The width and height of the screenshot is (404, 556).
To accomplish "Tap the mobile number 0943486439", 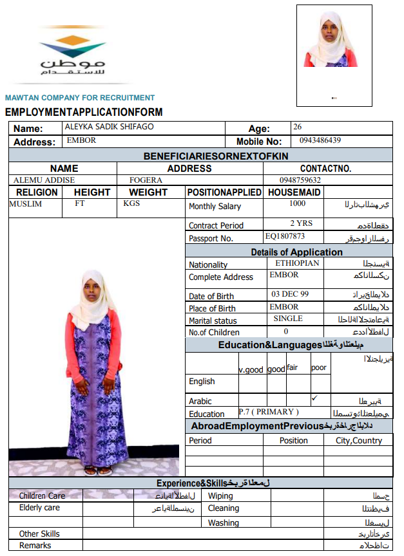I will point(320,140).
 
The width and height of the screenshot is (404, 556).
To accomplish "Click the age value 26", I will point(297,127).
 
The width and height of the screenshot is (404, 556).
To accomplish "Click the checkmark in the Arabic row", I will point(314,398).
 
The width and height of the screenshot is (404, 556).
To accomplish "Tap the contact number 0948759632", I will point(300,180).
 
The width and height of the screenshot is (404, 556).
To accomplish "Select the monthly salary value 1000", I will point(297,203).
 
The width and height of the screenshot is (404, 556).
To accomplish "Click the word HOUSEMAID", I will point(294,192).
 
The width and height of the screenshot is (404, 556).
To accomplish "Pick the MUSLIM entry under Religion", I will point(26,203).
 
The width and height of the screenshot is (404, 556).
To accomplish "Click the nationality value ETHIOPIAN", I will point(297,263).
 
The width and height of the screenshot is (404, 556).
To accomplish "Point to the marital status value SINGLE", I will point(288,319).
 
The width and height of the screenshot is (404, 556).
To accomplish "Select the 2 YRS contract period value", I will point(301,223).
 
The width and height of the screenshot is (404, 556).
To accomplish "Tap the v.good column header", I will point(251,369).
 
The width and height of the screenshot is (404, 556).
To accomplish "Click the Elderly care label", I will point(39,508).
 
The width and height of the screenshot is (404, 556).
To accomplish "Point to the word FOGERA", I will point(146,180).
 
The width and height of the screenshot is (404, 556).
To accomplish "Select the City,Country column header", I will point(359,441).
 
